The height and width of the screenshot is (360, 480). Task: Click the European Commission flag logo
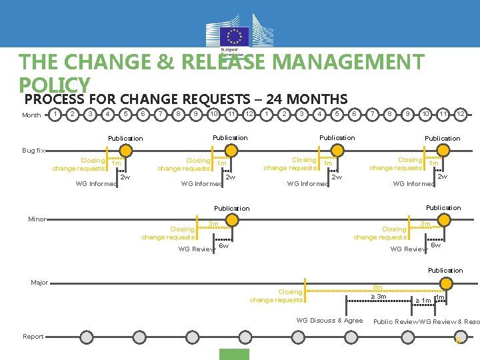click(234, 37)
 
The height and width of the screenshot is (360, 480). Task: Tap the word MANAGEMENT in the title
click(349, 63)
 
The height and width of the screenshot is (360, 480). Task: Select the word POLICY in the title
click(55, 84)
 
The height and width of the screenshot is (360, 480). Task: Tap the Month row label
click(31, 115)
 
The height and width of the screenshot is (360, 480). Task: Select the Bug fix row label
click(33, 151)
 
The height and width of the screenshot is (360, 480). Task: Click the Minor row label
click(37, 219)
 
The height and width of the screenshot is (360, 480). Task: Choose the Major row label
click(39, 283)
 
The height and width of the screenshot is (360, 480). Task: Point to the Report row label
click(33, 337)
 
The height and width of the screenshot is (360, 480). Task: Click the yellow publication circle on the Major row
click(445, 283)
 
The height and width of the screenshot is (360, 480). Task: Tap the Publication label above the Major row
click(445, 270)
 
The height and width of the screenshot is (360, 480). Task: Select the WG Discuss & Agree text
click(329, 321)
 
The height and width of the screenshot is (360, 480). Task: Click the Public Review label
click(395, 321)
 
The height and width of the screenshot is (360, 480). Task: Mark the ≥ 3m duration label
click(379, 297)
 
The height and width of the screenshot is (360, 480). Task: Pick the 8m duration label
click(377, 287)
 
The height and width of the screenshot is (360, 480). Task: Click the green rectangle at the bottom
click(235, 354)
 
